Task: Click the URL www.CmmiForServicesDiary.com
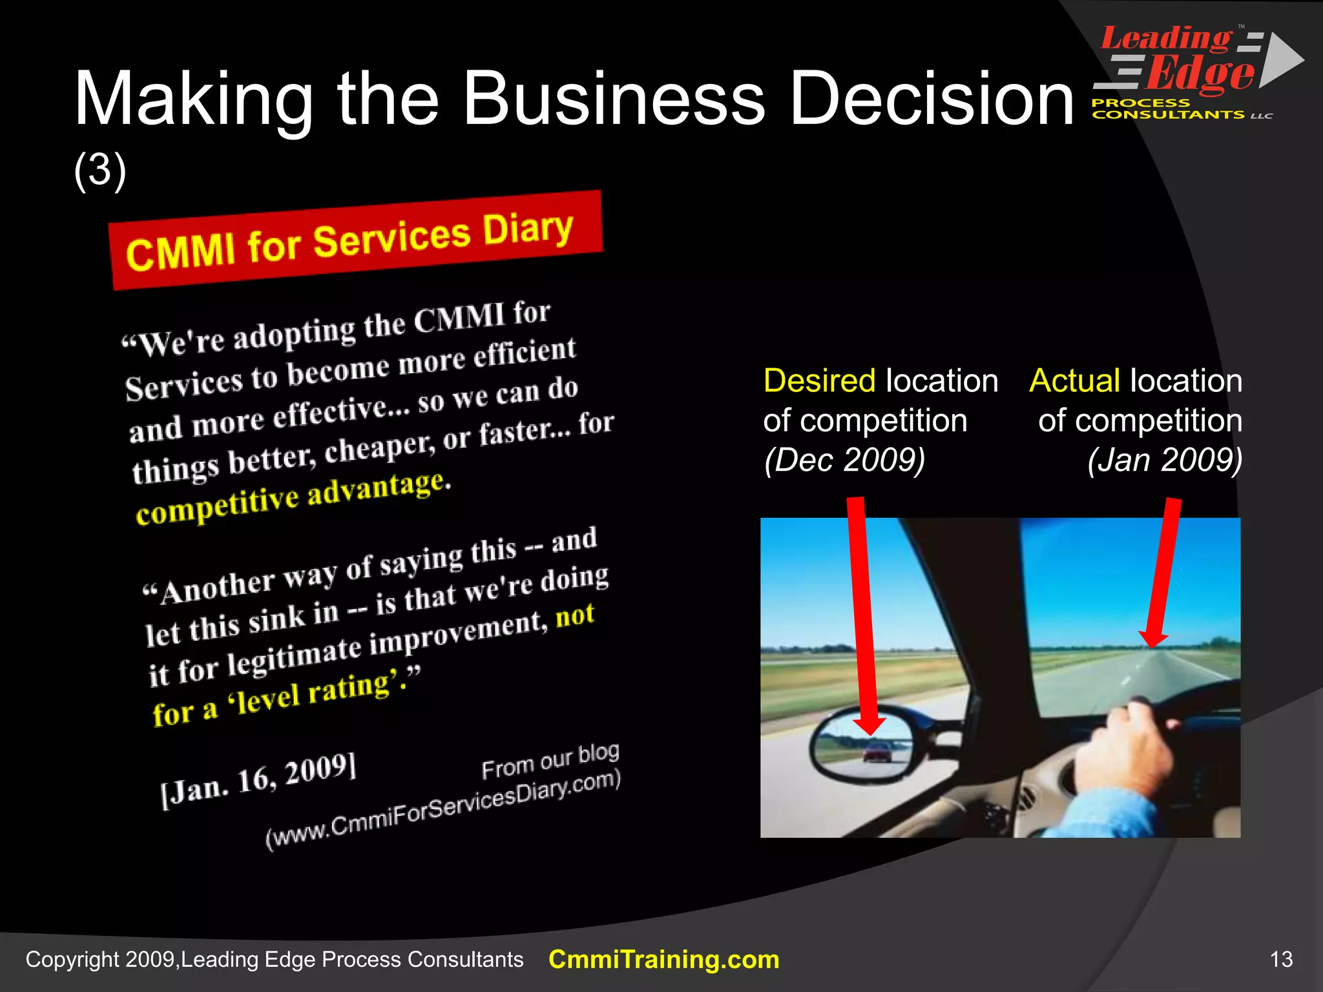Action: click(x=443, y=811)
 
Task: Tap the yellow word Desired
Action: click(x=818, y=380)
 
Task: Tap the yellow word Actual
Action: click(x=1074, y=380)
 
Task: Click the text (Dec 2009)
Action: click(x=844, y=460)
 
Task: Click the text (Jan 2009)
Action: click(x=1164, y=460)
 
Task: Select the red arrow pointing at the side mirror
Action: click(x=864, y=614)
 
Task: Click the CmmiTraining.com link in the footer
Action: click(x=663, y=960)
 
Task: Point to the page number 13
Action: click(x=1281, y=959)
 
